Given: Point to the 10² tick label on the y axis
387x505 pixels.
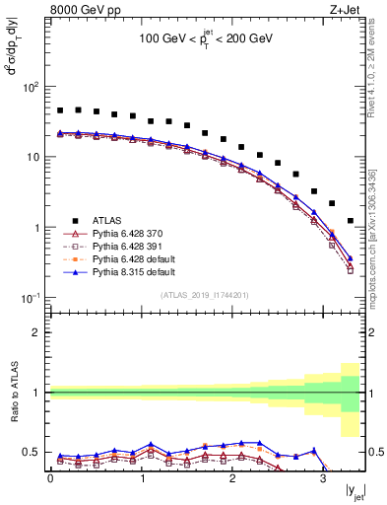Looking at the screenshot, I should [x=30, y=87].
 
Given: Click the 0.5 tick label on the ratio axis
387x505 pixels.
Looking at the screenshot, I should [x=32, y=452].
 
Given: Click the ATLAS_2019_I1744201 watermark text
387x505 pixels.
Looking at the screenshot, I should [x=205, y=295].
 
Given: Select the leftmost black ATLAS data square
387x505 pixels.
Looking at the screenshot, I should [x=60, y=110].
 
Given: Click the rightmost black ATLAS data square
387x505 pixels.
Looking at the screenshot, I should [x=351, y=221].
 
